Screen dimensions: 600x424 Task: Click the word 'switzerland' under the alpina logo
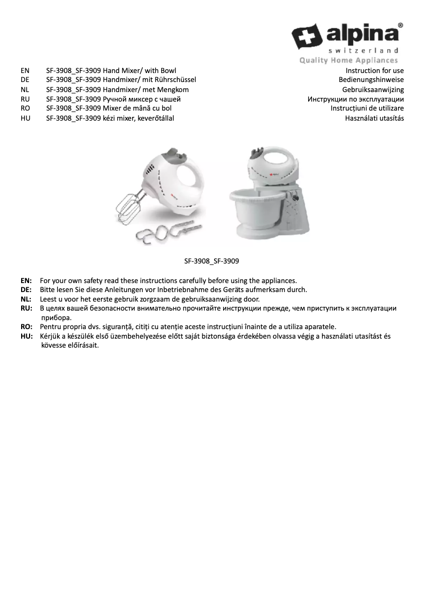[x=363, y=51]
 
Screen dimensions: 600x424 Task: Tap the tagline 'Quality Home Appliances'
[x=348, y=60]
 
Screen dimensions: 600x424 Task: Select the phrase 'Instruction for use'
[x=375, y=70]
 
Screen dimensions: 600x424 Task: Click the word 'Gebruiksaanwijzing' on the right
[x=373, y=89]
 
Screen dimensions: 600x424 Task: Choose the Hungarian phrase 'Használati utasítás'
[x=374, y=118]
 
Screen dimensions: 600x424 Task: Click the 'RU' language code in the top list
[x=24, y=99]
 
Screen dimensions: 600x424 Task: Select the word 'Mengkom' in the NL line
[x=173, y=89]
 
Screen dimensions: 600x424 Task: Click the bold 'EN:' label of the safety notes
[x=26, y=280]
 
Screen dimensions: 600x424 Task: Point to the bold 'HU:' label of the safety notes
[x=26, y=337]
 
